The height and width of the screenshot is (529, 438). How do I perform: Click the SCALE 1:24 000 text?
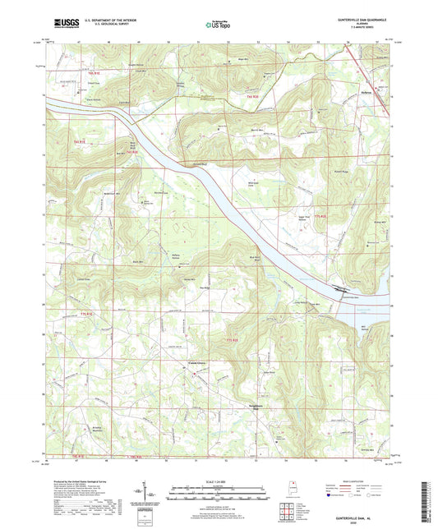click(219, 481)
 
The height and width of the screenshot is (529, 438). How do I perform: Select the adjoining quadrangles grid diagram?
click(289, 512)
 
